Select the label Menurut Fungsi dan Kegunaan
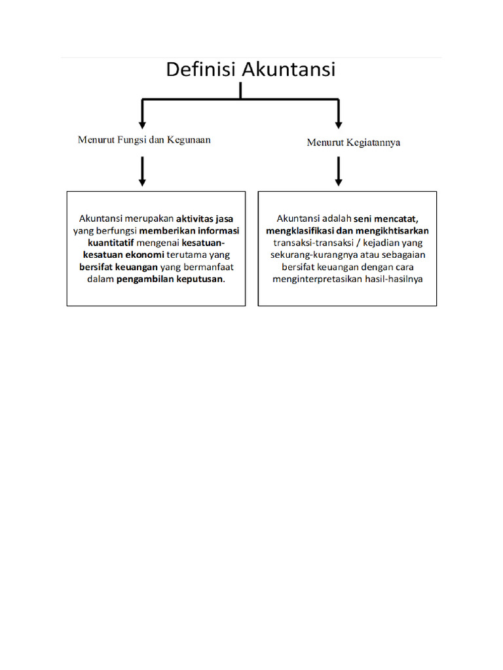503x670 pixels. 144,140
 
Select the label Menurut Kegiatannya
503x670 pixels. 354,143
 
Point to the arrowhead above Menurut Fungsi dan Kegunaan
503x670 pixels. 142,122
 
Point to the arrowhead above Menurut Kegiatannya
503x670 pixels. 339,122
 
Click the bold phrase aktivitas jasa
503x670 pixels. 204,219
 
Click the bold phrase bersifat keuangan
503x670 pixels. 119,267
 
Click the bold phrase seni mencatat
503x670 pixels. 386,219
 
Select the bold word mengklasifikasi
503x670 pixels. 301,231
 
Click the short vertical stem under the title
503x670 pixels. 240,90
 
